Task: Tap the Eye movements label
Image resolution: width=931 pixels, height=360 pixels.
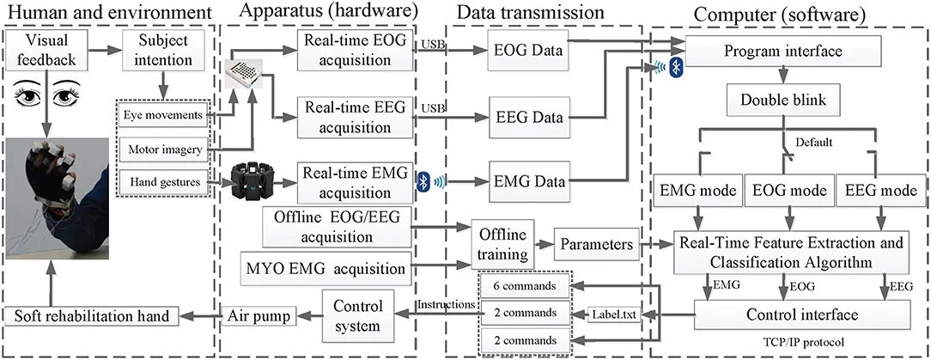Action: (163, 115)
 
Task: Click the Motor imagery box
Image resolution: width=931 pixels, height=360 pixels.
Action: (163, 149)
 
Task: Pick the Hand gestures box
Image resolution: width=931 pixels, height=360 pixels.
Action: (163, 181)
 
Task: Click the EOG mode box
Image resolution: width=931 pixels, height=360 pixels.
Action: (785, 189)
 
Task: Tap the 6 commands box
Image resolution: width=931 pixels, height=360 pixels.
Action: (525, 285)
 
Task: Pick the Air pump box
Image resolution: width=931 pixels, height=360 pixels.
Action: (259, 314)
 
